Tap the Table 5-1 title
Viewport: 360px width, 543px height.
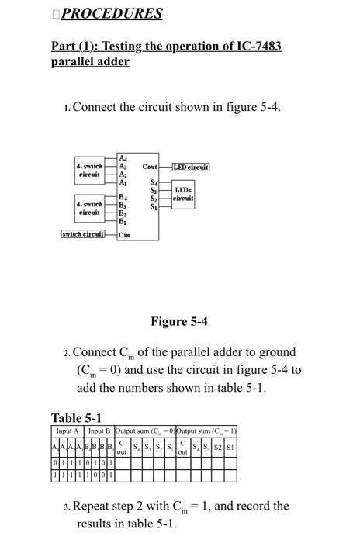click(76, 418)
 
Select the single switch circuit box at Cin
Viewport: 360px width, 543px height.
click(83, 233)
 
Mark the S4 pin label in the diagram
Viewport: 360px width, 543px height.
click(154, 182)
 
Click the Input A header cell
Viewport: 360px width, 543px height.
click(68, 431)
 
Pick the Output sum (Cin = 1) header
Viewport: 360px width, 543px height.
click(207, 431)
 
